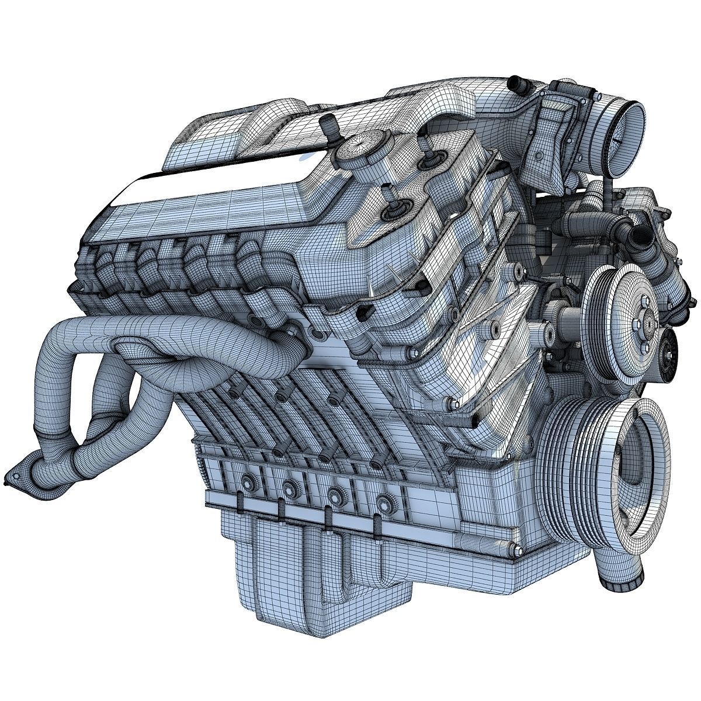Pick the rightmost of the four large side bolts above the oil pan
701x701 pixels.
(x=383, y=501)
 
